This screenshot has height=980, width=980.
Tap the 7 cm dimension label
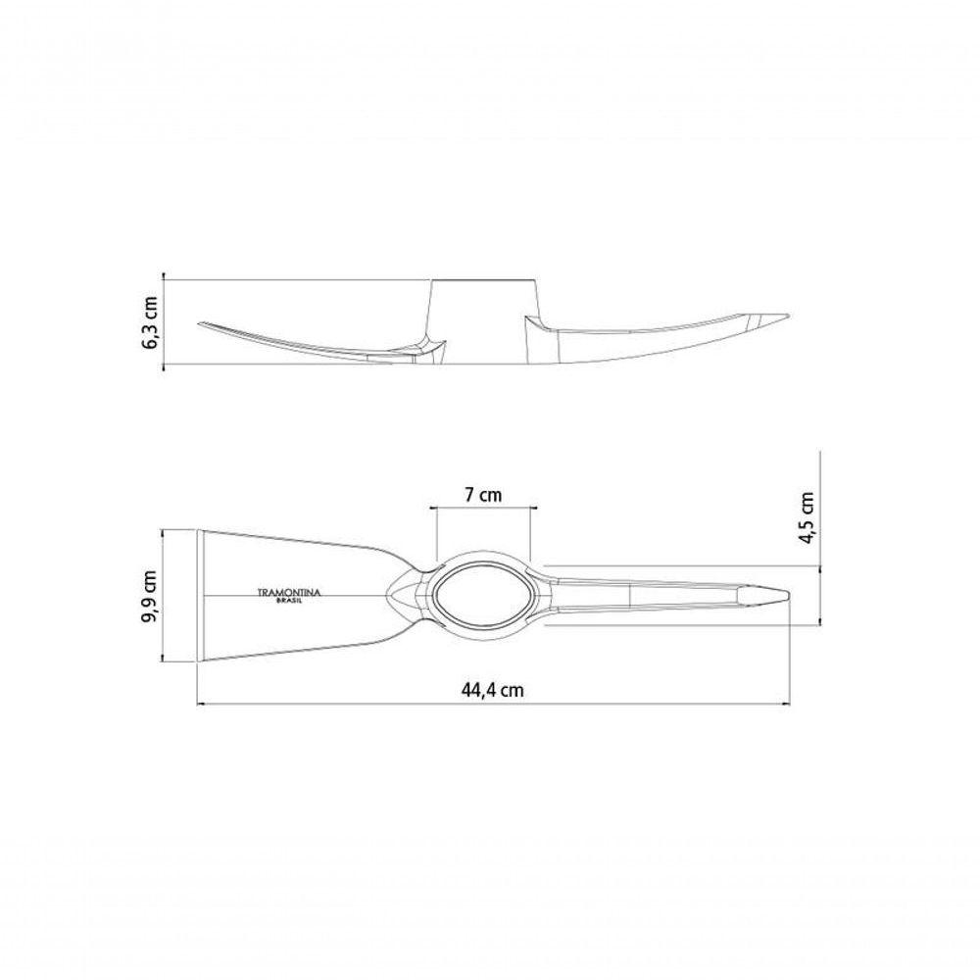pos(483,495)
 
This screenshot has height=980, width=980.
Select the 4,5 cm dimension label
pos(808,518)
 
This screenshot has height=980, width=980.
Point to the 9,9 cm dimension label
pos(151,596)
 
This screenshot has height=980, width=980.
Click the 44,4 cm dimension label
pos(493,689)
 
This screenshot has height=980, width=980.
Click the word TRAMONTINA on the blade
pos(289,593)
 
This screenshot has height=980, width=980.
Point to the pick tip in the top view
pos(789,595)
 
